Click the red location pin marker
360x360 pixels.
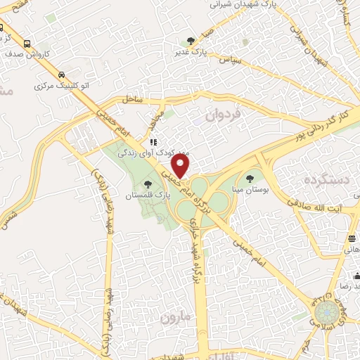181,167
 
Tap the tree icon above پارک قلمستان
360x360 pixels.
147,184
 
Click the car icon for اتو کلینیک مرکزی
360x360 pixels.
62,73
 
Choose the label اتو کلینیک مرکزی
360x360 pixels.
62,85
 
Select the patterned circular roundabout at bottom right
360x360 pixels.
325,309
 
